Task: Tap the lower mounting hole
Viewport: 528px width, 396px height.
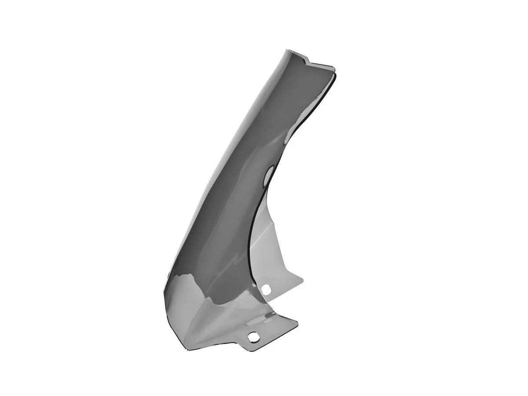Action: point(254,337)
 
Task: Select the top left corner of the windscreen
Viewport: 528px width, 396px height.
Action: point(287,50)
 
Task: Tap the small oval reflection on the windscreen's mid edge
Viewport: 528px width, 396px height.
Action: point(268,176)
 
